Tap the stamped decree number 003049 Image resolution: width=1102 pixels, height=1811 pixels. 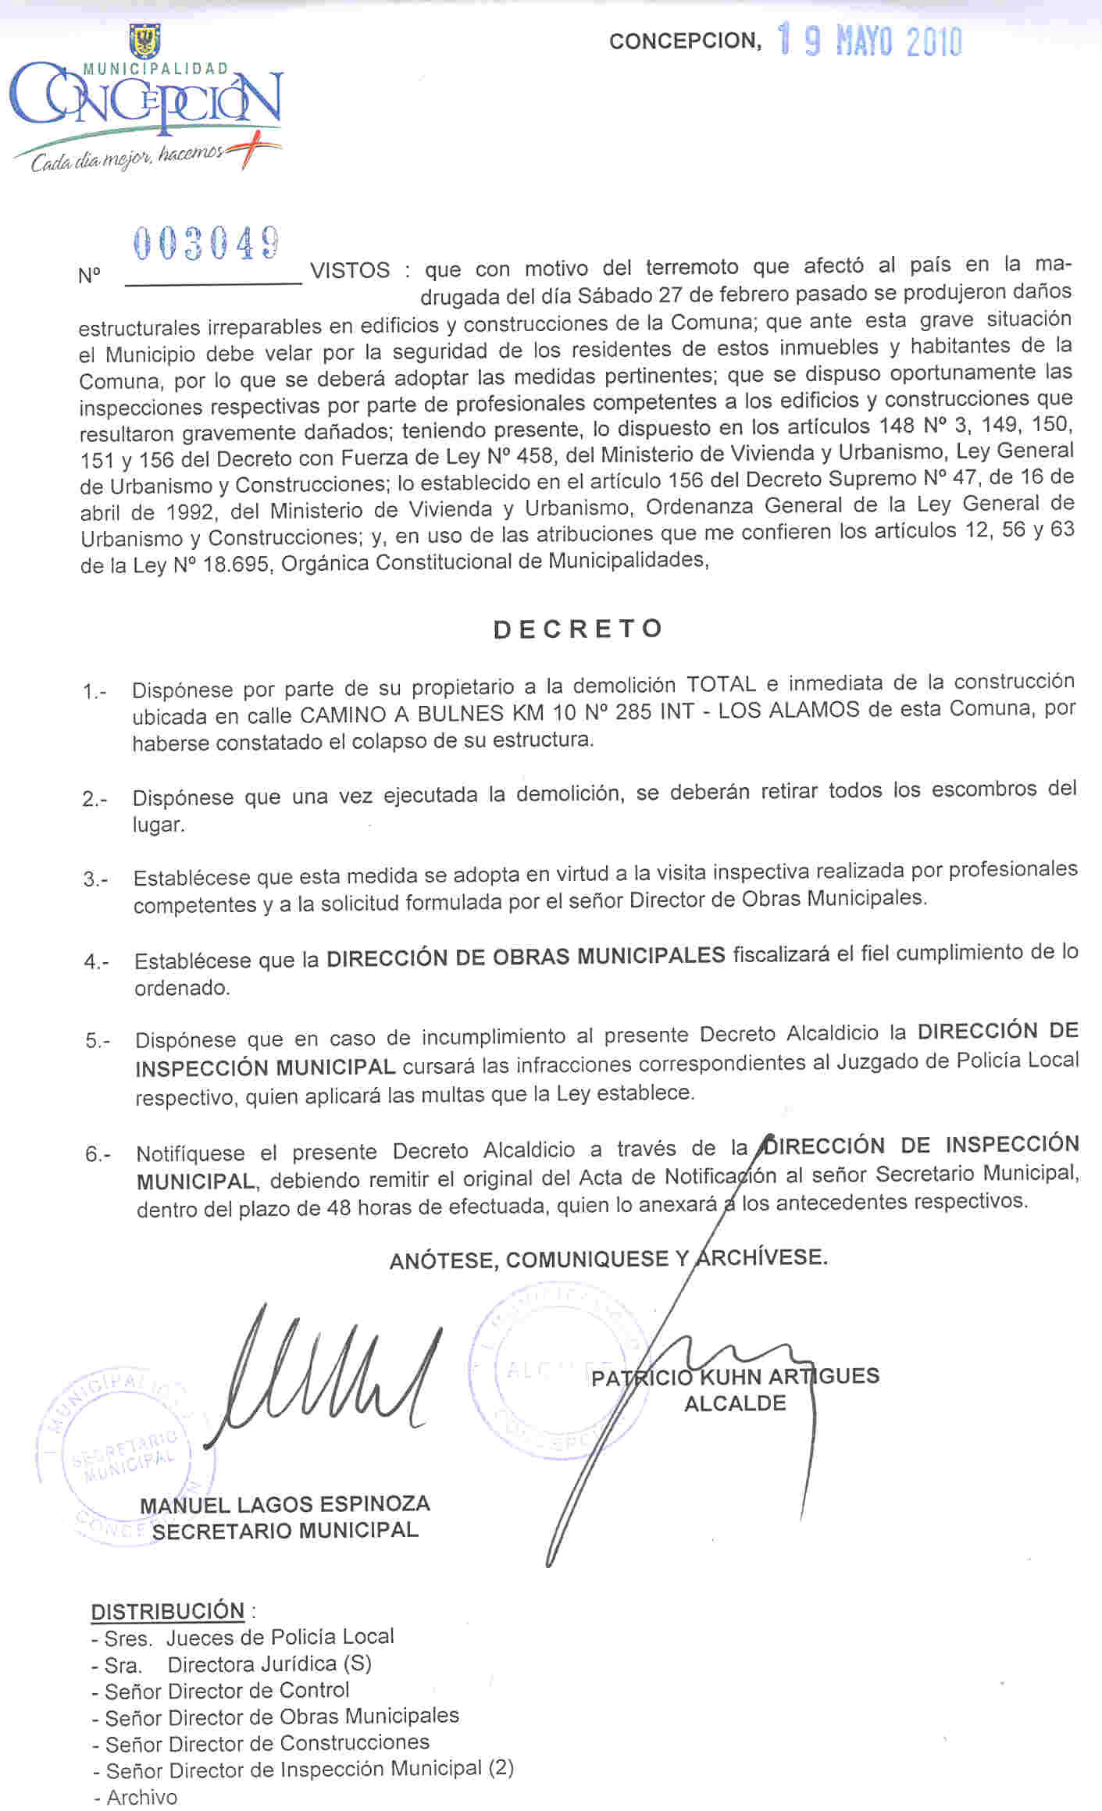tap(207, 243)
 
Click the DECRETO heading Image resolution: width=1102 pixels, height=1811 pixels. tap(579, 629)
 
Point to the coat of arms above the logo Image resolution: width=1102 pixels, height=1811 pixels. tap(144, 41)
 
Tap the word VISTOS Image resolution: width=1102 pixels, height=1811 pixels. tap(350, 270)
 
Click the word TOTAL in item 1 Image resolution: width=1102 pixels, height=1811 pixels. tap(721, 684)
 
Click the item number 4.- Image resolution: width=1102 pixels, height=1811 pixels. tap(96, 961)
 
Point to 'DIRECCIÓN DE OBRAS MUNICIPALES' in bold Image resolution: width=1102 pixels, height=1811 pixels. tap(526, 956)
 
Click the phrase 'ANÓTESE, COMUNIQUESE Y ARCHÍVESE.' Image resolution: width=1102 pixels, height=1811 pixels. tap(608, 1258)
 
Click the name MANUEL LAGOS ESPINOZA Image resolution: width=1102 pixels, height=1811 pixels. tap(285, 1504)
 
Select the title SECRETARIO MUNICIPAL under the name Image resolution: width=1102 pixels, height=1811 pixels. tap(285, 1530)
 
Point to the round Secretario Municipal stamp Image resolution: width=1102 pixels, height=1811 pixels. tap(125, 1454)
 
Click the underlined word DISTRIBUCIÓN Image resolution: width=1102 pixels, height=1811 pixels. tap(168, 1611)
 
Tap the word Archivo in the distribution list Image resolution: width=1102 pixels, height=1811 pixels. tap(142, 1797)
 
